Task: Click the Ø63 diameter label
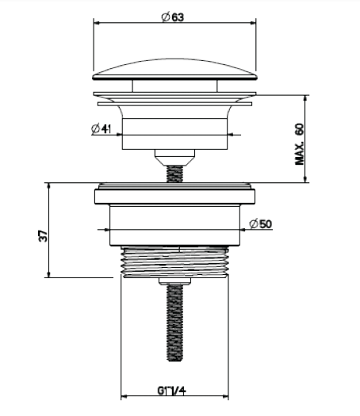click(x=173, y=17)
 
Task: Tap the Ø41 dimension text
click(x=101, y=129)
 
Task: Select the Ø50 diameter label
click(x=261, y=224)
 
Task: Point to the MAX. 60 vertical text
click(x=300, y=144)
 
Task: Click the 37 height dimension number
click(x=43, y=236)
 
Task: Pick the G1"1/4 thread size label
click(x=172, y=391)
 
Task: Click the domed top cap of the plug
click(x=175, y=70)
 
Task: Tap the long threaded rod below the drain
click(x=175, y=322)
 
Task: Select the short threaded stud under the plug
click(x=175, y=174)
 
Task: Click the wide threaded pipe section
click(x=175, y=262)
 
